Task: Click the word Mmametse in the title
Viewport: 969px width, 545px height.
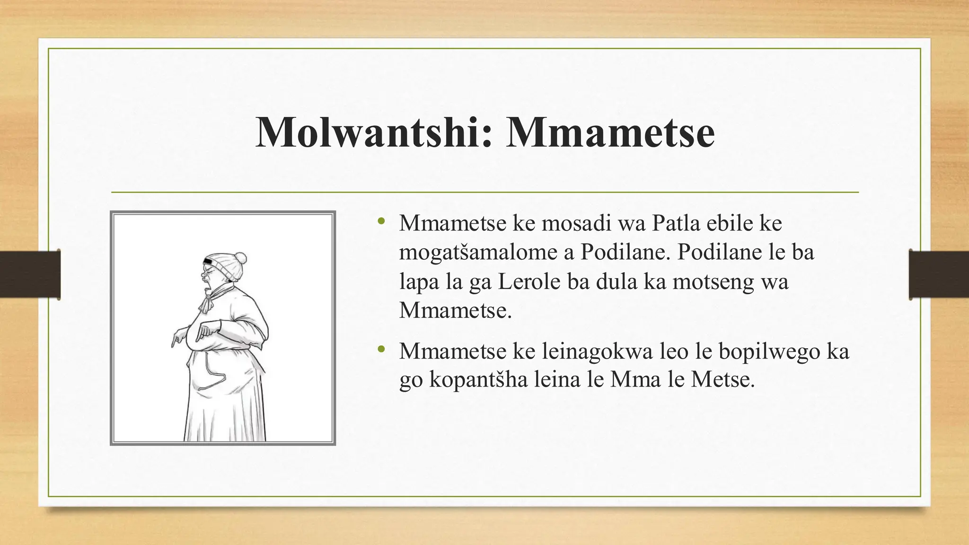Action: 610,132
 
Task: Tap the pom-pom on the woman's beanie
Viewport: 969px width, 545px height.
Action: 240,258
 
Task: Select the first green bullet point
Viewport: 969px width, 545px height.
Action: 381,221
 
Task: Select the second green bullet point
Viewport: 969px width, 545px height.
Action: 381,350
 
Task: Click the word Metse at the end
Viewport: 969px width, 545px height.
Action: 722,379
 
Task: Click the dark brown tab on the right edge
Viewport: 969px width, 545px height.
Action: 939,274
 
